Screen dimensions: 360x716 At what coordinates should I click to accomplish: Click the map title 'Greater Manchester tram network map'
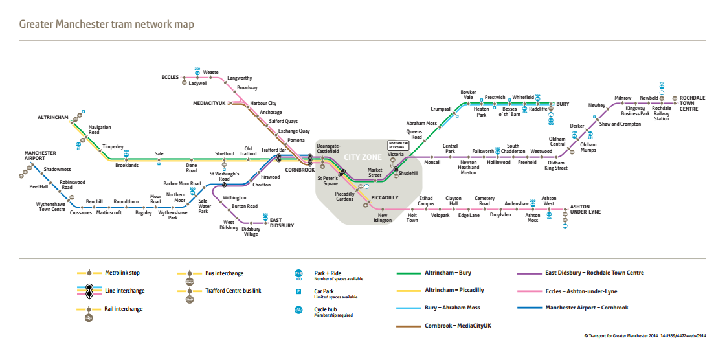(x=106, y=25)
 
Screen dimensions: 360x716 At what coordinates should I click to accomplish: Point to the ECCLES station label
(x=170, y=77)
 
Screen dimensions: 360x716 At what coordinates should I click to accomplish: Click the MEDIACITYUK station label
(x=209, y=103)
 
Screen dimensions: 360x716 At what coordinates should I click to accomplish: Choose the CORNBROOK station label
(x=299, y=170)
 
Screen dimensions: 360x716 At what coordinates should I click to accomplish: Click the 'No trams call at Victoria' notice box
(x=395, y=145)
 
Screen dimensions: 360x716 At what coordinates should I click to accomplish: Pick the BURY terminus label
(x=563, y=104)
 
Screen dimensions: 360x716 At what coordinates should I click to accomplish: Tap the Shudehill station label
(x=408, y=174)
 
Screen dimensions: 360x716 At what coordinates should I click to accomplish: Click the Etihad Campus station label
(x=426, y=201)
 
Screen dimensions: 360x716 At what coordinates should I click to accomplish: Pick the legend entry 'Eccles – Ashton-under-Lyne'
(x=581, y=291)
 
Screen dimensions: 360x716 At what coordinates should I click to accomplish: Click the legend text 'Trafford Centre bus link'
(x=233, y=291)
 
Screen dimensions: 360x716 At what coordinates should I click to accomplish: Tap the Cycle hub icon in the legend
(x=298, y=309)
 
